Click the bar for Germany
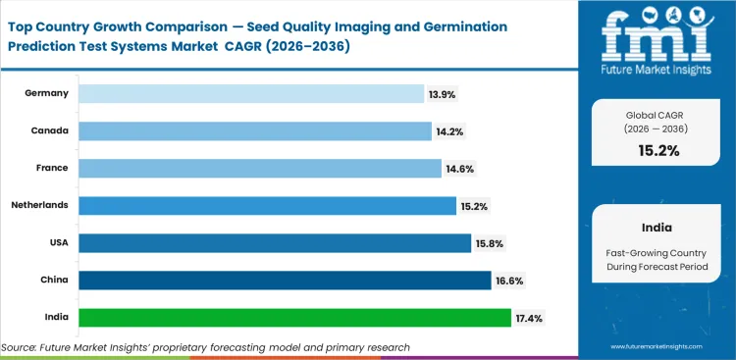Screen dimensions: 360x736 [250, 93]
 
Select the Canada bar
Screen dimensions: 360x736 [254, 130]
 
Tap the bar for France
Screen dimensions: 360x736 [259, 168]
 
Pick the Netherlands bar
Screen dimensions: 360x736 [267, 205]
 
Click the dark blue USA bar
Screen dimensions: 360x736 [275, 242]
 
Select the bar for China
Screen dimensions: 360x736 [285, 280]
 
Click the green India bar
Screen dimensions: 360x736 [294, 317]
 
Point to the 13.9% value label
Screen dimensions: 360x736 [442, 94]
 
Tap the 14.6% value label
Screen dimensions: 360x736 [460, 169]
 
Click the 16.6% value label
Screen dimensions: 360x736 [509, 281]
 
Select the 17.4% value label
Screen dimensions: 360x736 [529, 318]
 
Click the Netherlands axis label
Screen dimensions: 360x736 [39, 205]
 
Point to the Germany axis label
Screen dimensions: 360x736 [47, 93]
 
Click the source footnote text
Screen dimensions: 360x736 [206, 347]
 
